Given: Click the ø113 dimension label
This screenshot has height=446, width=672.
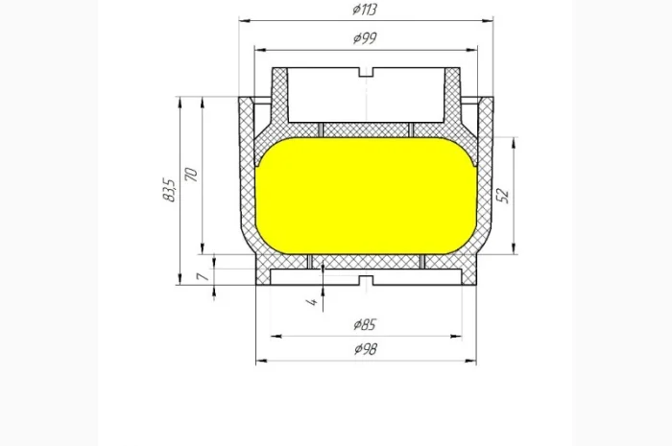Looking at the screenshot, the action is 365,9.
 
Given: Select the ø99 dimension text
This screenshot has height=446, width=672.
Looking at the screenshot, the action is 365,38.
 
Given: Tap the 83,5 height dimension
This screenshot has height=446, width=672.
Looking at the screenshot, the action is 169,190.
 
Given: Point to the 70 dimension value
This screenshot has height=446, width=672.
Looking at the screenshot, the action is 191,175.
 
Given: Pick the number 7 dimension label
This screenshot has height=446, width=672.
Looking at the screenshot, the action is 203,277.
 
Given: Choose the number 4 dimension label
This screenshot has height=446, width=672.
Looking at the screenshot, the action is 312,302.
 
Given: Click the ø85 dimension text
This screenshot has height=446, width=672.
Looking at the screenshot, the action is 365,324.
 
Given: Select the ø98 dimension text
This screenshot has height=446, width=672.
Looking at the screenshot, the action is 366,349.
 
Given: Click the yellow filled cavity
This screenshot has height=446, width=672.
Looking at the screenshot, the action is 366,196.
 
